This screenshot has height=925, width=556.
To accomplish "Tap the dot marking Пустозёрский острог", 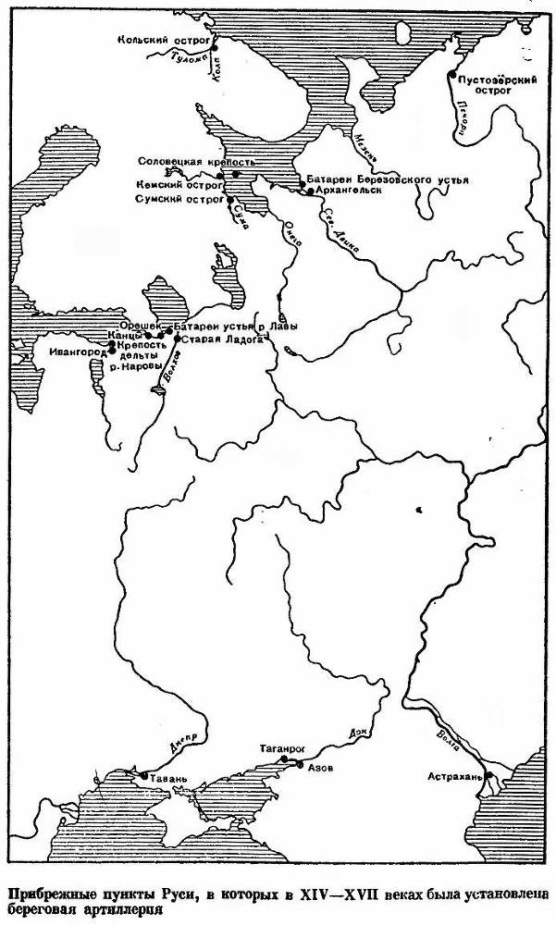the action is coord(451,74).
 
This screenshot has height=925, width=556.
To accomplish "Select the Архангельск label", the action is coord(347,190).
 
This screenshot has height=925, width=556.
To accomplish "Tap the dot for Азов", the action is coord(299,764).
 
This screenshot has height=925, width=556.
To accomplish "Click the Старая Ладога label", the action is coord(213,339).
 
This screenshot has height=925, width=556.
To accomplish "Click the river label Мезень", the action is coord(364,145).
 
